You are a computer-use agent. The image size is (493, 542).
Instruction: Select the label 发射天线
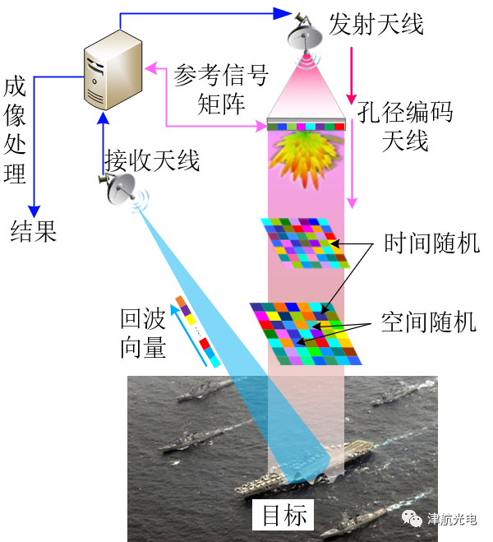376,24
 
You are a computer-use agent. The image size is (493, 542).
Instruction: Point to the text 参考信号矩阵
221,90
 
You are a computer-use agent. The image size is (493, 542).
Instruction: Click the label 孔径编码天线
405,124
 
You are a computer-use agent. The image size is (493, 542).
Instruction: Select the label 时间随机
431,244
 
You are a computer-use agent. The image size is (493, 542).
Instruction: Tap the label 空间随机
429,321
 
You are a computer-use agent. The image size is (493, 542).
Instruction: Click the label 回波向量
143,332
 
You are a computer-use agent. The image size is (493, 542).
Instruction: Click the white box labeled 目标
284,515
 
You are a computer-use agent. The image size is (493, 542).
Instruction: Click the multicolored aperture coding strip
306,126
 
